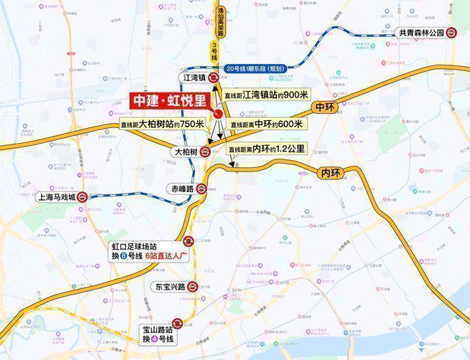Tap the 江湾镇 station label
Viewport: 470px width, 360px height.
(192, 77)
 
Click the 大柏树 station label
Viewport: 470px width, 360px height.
(184, 152)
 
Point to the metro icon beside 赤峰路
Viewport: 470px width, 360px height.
(202, 189)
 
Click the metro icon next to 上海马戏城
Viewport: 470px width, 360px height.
(83, 198)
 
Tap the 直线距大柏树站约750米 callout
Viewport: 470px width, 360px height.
(163, 124)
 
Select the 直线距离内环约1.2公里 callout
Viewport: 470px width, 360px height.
(267, 149)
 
